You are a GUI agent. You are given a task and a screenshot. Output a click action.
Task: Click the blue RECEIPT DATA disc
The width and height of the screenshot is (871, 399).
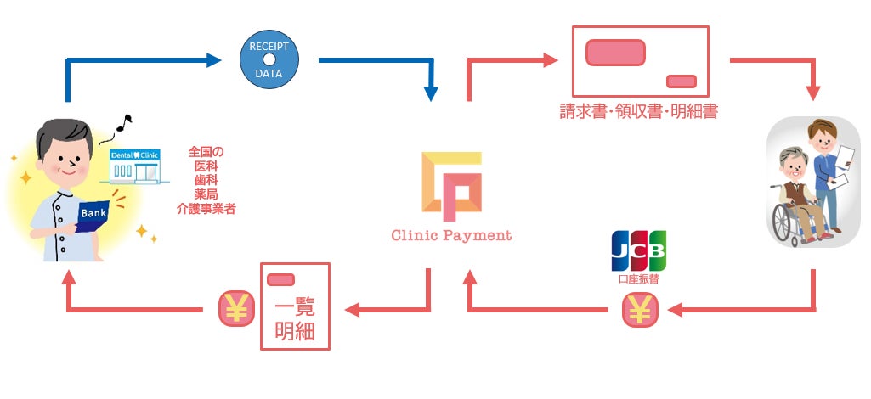(269, 59)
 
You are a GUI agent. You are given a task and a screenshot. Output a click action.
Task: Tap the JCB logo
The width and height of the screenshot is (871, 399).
(638, 251)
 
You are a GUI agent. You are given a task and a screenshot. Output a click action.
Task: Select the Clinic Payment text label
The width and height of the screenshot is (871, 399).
(450, 235)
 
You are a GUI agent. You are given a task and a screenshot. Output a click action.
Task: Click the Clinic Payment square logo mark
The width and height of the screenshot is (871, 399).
(450, 181)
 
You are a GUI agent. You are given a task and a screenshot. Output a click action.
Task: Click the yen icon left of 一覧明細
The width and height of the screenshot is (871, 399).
(237, 310)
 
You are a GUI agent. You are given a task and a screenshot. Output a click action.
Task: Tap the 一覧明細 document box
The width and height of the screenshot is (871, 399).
(294, 306)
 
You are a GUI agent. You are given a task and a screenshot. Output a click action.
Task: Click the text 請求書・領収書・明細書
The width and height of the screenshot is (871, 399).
(638, 111)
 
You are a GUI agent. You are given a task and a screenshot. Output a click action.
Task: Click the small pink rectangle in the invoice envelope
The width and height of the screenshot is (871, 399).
(682, 81)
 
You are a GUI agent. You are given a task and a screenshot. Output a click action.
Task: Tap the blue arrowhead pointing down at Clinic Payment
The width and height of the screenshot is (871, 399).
(433, 92)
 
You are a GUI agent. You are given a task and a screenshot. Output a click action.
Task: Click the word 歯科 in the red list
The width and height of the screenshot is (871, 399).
(206, 180)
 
